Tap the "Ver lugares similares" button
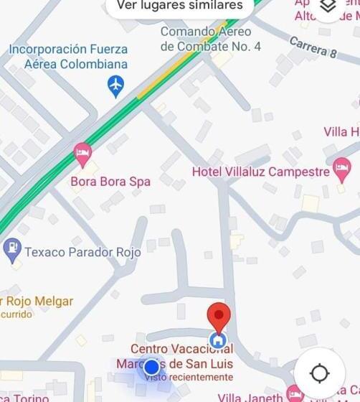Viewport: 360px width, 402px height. (179, 6)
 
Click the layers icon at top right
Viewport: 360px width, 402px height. (328, 6)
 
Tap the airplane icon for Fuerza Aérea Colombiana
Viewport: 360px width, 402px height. (115, 86)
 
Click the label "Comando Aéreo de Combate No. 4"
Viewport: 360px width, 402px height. (205, 39)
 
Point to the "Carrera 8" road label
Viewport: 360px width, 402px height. (313, 47)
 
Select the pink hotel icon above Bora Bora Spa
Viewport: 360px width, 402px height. (83, 153)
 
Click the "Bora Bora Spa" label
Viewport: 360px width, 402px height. (110, 182)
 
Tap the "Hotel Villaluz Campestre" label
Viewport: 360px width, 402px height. (260, 172)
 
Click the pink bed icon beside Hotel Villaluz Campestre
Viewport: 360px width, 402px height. (342, 170)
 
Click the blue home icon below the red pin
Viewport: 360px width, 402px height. (218, 340)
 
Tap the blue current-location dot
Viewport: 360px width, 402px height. (151, 368)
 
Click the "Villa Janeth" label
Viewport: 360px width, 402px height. (251, 397)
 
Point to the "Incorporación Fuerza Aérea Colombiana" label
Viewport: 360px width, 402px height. (68, 57)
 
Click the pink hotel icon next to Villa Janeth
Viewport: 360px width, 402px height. (294, 393)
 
